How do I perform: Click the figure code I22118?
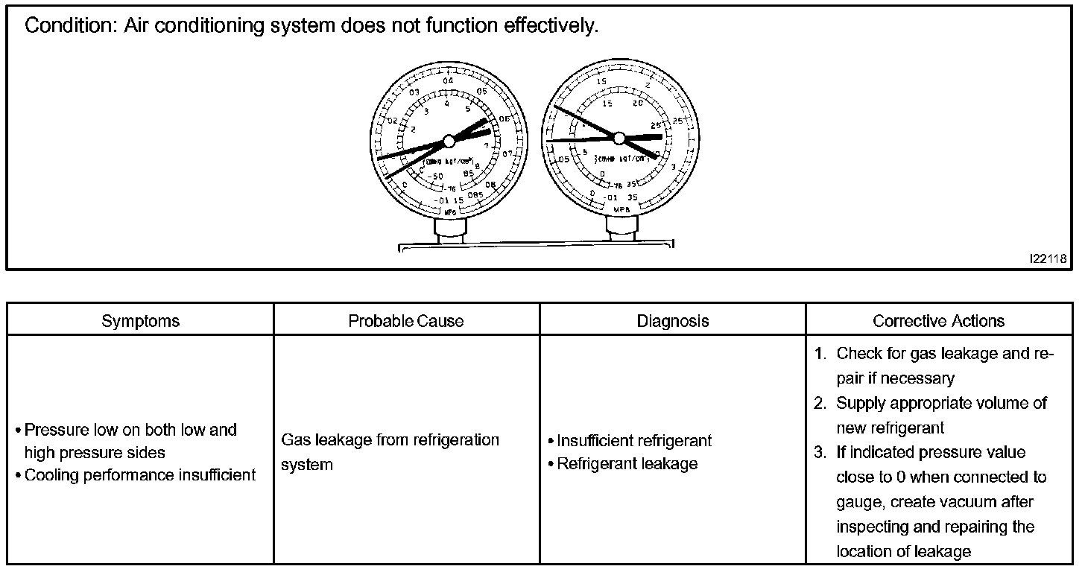[1048, 258]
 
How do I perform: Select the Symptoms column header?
[141, 321]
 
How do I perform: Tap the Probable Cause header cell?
[406, 321]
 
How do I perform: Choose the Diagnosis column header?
[673, 321]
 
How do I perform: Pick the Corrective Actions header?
[939, 321]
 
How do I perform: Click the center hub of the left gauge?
[449, 141]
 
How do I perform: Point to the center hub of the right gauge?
[619, 137]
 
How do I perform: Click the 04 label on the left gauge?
[448, 81]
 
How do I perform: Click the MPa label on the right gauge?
[621, 210]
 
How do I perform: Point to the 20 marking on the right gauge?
[638, 104]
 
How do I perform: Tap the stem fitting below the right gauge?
[620, 228]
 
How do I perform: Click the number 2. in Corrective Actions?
[820, 404]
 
